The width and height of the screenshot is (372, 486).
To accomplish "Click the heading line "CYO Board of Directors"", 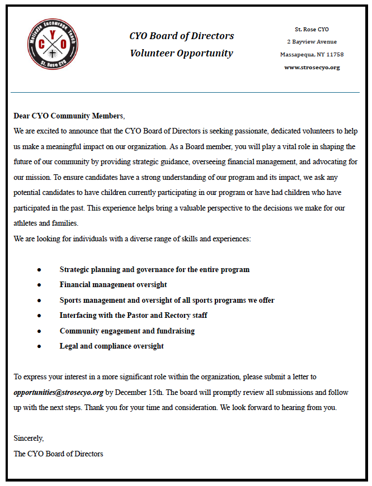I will coord(182,36).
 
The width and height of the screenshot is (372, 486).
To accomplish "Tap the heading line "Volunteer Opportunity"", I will coord(182,54).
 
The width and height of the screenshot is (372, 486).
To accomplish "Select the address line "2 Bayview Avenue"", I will coord(312,42).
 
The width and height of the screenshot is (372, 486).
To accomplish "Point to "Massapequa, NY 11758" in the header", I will coord(312,55).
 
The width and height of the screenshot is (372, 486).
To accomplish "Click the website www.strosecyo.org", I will coord(312,68).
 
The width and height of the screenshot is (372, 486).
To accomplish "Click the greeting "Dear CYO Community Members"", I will coord(68,116).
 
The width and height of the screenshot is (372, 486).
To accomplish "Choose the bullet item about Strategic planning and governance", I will coord(154,270).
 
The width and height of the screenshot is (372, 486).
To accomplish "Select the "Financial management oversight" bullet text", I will coord(113,285).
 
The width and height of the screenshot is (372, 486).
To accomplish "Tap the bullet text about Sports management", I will coord(167,301).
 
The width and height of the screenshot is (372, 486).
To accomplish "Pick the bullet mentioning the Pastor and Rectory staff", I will coord(133,316).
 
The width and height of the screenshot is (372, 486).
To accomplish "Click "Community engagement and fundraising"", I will coord(127,331).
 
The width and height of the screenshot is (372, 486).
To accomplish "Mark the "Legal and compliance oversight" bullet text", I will coord(111,346).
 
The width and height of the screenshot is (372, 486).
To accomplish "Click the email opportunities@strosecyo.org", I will coord(59,392).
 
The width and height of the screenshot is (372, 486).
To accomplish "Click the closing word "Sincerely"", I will coord(29,439).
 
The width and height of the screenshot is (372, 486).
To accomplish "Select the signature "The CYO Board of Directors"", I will coord(59,454).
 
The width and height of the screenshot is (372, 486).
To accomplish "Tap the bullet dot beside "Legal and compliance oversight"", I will coord(39,346).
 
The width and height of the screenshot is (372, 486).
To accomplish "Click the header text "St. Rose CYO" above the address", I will coord(312,29).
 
